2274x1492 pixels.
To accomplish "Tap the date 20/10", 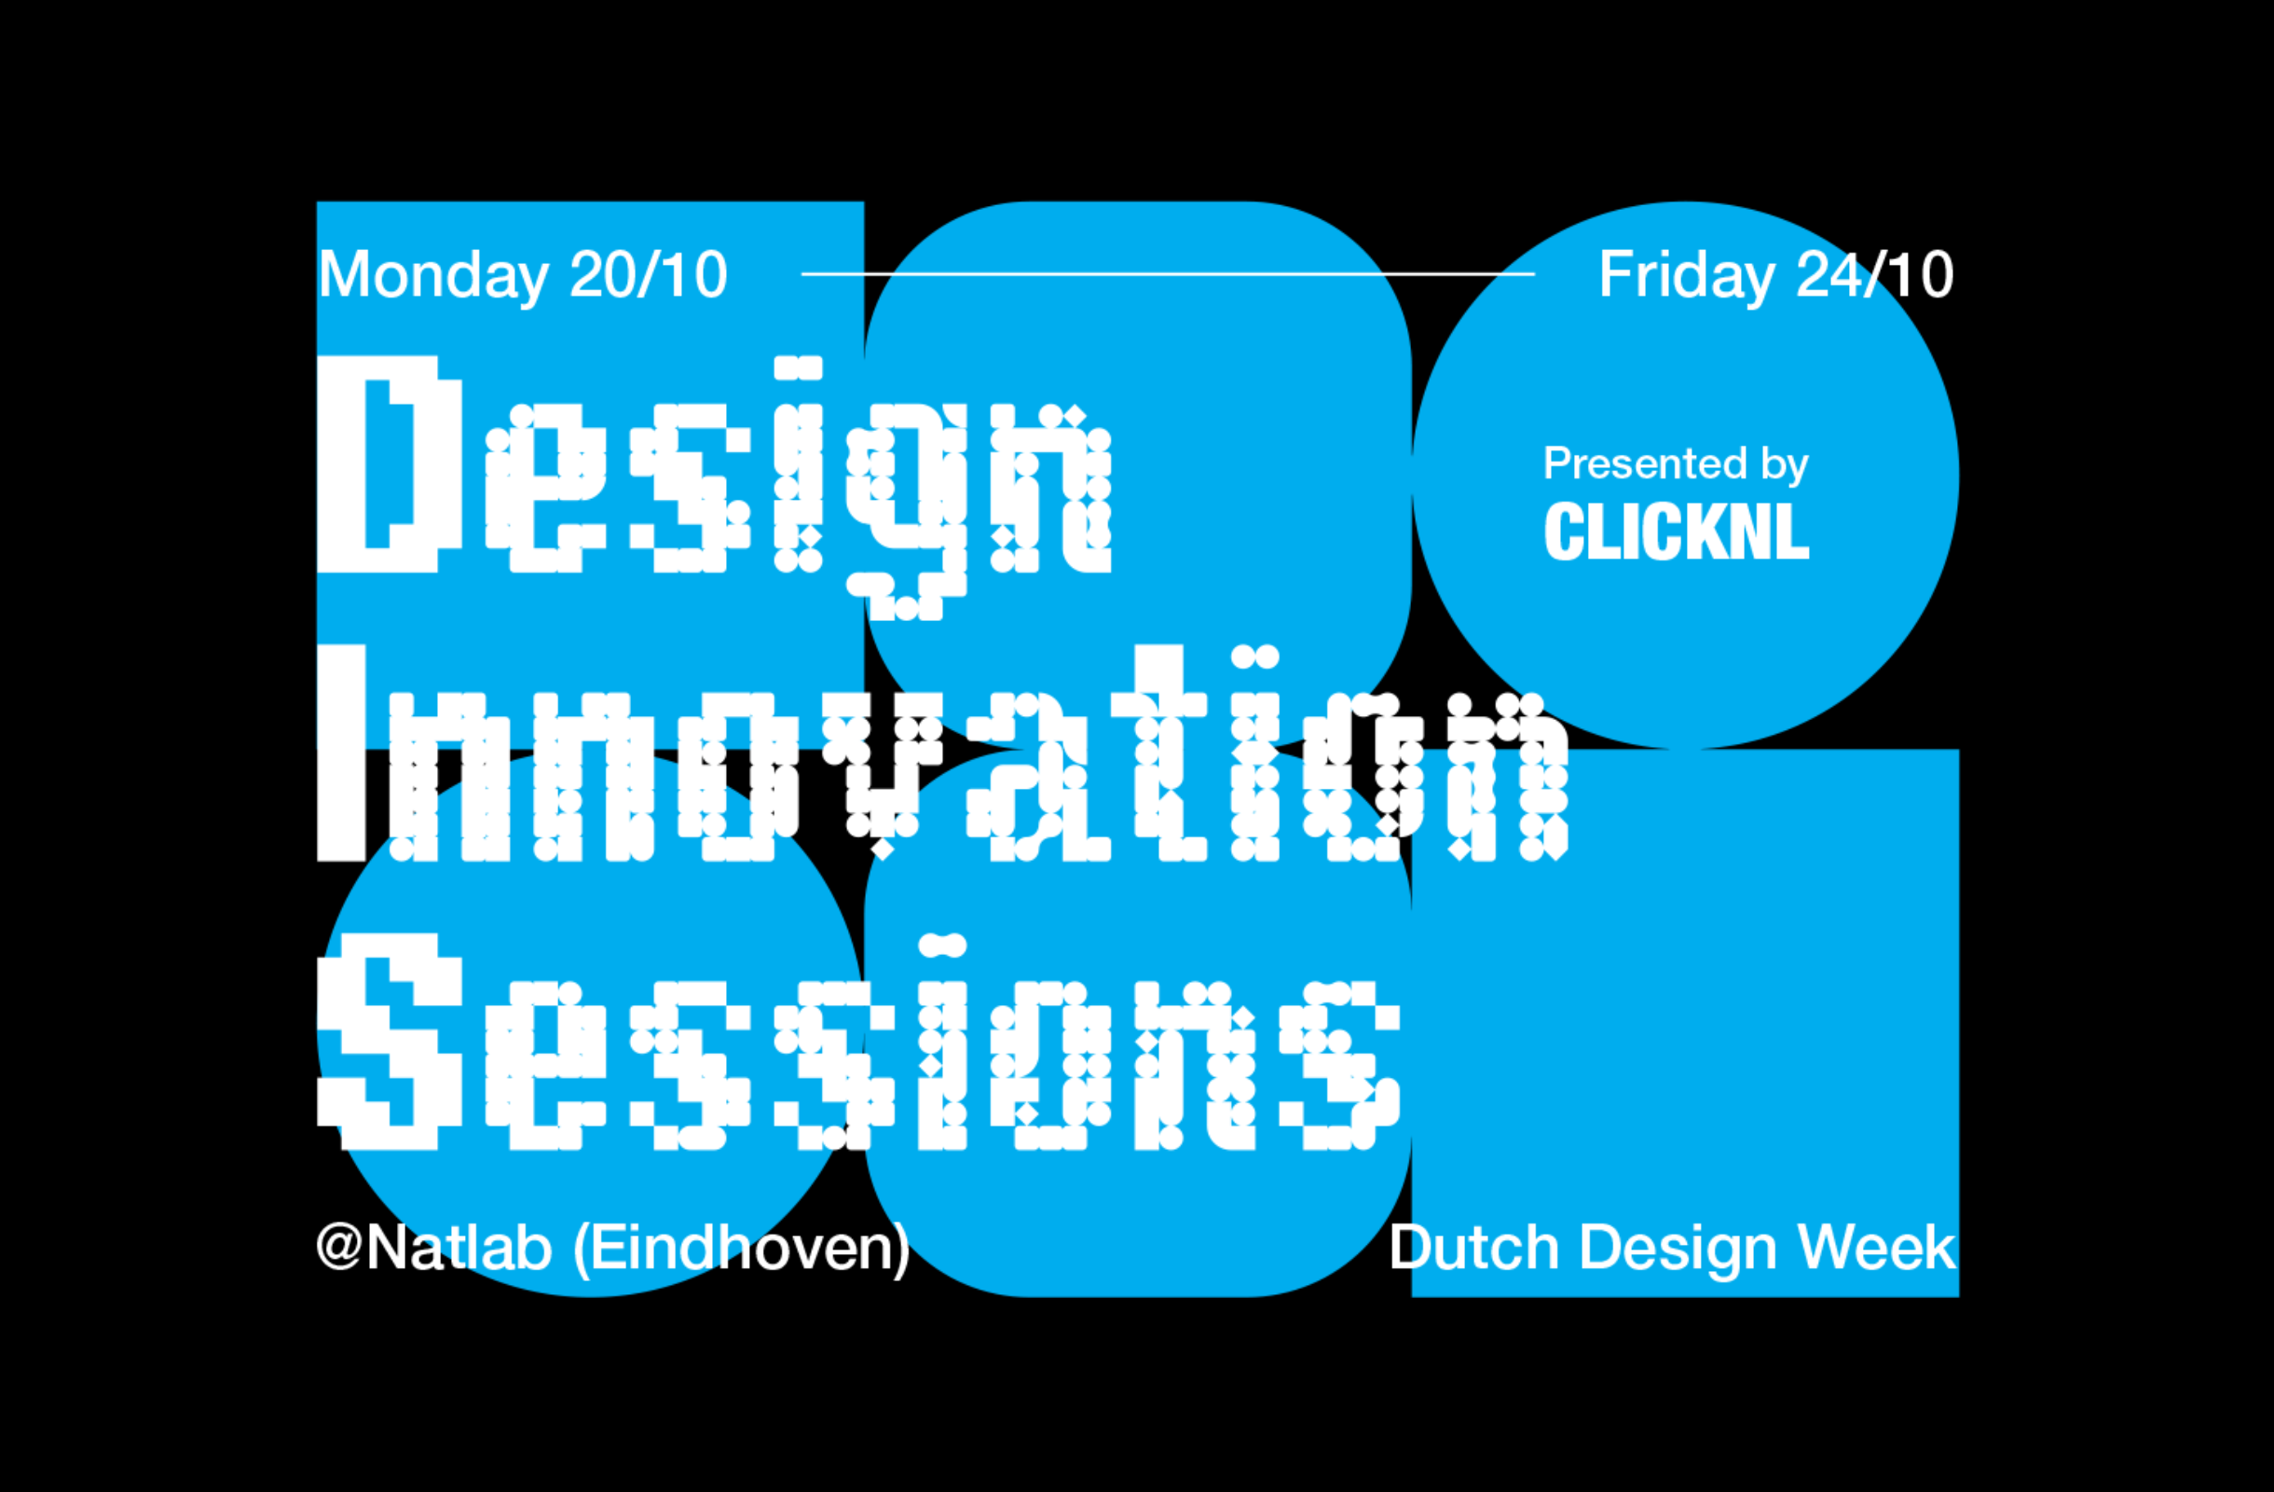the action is pos(649,275).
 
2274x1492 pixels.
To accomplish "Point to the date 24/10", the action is pos(1874,275).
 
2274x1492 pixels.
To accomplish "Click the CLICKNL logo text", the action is pos(1677,532).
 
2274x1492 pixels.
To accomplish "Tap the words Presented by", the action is pos(1676,465).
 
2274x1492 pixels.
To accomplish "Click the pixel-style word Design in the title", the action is pos(715,488).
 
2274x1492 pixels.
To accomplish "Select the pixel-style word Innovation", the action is pos(942,753).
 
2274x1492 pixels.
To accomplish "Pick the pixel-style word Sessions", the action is pos(858,1042).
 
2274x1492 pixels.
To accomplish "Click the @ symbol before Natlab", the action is pos(339,1247).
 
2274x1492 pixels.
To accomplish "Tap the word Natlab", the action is pos(459,1247).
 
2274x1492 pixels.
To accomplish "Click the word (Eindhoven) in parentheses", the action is pos(742,1249).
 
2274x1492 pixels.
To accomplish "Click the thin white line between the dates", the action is pos(1168,274).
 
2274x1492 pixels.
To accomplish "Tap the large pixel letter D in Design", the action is pos(390,463).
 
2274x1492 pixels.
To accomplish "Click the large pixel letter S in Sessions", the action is pos(390,1042).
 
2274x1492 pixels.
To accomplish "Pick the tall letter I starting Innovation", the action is pos(341,753).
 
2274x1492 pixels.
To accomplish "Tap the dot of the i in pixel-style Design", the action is pos(798,368).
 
